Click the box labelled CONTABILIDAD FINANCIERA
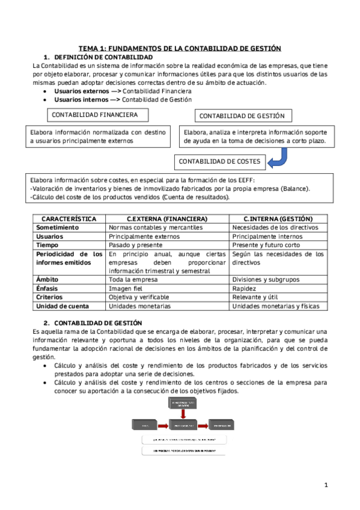click(95, 114)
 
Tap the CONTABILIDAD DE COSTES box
click(219, 161)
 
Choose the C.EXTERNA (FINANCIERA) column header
click(167, 218)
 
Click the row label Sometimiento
click(58, 227)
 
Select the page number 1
click(326, 485)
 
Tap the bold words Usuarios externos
click(77, 91)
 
